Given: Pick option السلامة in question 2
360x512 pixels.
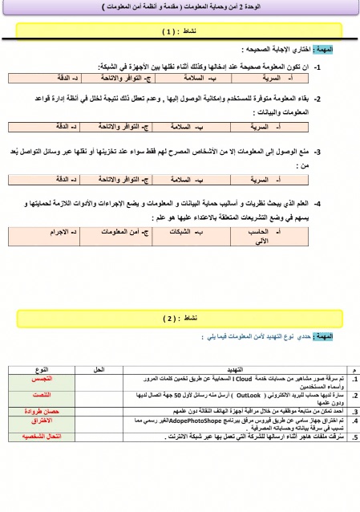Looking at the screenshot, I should point(188,127).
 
